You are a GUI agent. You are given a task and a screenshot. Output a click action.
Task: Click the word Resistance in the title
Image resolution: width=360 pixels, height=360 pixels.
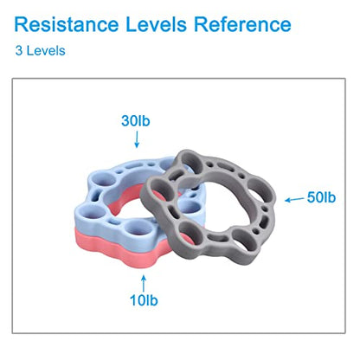coord(67,24)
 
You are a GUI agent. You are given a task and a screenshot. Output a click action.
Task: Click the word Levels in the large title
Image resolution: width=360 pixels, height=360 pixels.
coord(156,24)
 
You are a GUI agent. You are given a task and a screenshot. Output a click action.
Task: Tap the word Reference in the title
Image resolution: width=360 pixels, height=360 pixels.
coord(242,24)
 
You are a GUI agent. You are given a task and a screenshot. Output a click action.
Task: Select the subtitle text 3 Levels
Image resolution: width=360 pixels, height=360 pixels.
coord(41,51)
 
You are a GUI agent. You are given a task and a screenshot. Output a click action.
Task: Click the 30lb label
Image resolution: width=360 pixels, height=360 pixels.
coord(136,121)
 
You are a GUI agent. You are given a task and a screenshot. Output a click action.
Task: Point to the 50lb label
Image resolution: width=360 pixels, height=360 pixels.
coord(321,197)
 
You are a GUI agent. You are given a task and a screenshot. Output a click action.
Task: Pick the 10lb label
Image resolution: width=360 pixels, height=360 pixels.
coord(144,300)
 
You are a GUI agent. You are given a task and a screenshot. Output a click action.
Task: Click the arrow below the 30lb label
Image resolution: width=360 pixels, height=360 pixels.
coord(137,139)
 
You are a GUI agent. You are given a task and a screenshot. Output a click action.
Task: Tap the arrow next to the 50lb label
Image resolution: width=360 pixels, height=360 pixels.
coord(294,200)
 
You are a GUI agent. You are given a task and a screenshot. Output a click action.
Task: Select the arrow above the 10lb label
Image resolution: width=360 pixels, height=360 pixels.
coord(144,283)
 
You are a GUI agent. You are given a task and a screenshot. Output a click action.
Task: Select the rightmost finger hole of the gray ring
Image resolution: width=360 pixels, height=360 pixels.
coord(261,191)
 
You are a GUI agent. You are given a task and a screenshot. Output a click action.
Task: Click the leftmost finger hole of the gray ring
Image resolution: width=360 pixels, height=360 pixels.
coord(158,189)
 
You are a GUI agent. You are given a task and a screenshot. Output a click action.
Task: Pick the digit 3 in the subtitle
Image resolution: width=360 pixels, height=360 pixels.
coord(19,51)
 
